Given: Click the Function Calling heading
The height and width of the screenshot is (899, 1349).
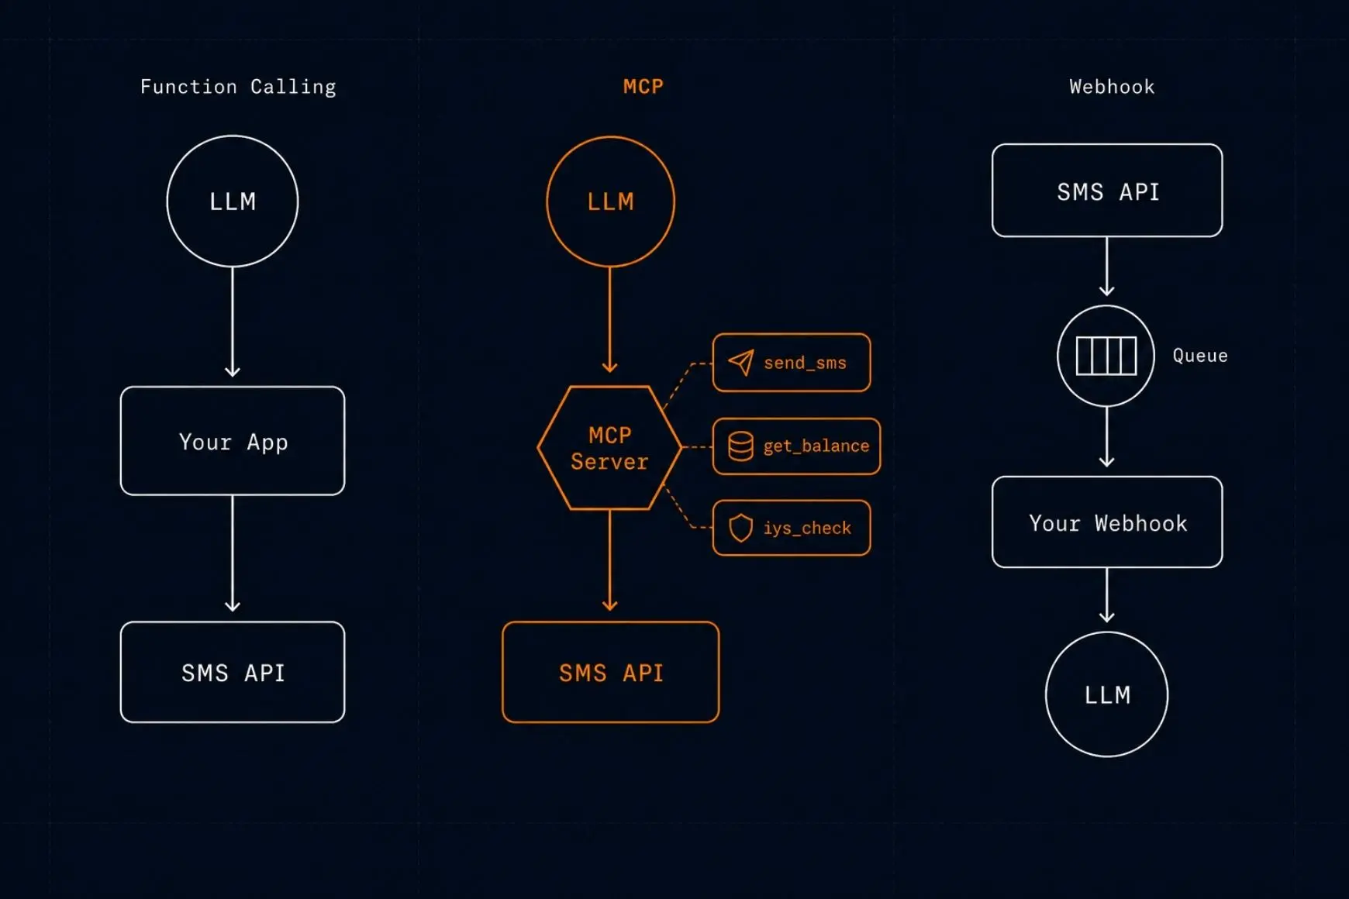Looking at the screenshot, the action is click(238, 87).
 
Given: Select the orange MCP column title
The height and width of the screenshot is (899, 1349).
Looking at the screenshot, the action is click(643, 86).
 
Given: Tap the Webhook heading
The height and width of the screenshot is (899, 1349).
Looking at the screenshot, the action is click(1112, 87).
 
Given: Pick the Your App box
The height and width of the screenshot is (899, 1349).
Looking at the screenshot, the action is click(233, 441).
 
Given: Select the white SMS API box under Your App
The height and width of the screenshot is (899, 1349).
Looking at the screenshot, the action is click(233, 673).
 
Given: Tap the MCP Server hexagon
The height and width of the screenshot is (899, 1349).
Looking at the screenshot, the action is click(610, 448).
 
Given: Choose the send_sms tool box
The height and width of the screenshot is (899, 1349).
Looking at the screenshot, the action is click(792, 363).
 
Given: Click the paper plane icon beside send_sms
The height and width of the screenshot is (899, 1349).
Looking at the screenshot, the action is click(741, 362).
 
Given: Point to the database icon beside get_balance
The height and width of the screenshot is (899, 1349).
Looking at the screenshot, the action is click(740, 446).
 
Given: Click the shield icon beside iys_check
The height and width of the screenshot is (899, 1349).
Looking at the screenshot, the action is click(741, 528).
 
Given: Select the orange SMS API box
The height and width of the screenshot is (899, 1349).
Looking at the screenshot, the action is click(611, 673).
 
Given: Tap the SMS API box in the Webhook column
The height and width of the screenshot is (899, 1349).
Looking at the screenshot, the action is click(1107, 191).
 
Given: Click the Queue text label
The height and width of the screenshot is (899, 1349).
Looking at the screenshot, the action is click(1200, 356).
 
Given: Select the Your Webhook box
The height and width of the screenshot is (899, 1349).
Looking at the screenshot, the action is click(1107, 522).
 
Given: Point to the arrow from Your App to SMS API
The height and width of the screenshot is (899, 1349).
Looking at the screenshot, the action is click(233, 554).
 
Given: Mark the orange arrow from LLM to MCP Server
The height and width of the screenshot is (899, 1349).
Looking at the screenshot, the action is click(610, 320).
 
